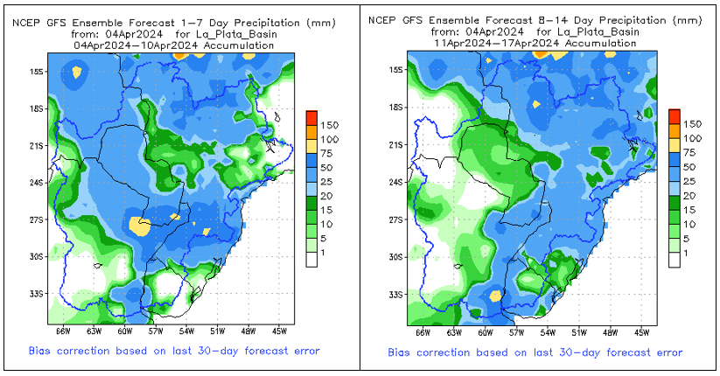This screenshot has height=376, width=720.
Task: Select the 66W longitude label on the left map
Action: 62,331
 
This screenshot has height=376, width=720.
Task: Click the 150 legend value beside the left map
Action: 331,123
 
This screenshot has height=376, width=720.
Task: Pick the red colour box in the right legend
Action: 674,115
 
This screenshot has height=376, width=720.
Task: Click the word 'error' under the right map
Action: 667,352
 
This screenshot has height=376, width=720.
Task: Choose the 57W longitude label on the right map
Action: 516,332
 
